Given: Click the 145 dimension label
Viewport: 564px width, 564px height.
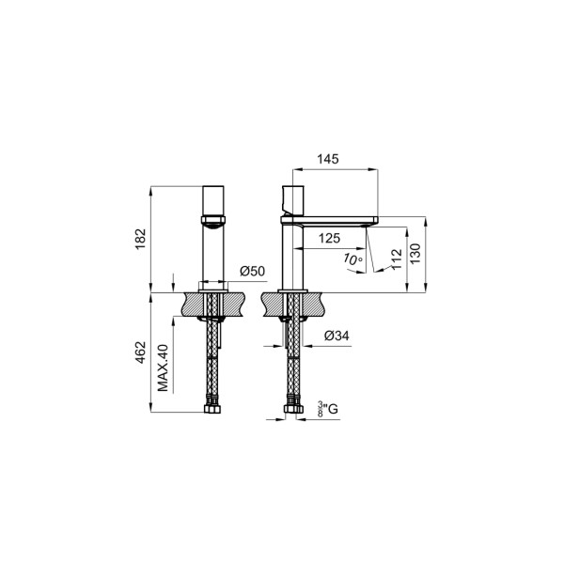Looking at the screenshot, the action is point(328,159).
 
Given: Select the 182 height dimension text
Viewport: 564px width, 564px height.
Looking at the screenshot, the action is point(140,239).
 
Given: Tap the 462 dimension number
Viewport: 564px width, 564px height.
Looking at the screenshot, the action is point(141,352).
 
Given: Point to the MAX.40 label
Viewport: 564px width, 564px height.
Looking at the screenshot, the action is point(163,368).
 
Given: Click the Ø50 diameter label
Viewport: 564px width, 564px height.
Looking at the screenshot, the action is point(252,271).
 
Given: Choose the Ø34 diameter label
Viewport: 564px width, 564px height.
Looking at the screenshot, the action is point(337,336).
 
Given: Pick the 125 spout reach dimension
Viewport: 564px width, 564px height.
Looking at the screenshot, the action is point(330,238).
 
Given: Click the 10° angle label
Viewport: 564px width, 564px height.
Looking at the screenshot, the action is point(352,259).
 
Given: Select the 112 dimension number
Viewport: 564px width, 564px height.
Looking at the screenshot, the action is point(396,258).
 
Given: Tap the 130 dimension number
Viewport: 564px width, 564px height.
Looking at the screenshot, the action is point(415,254).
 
